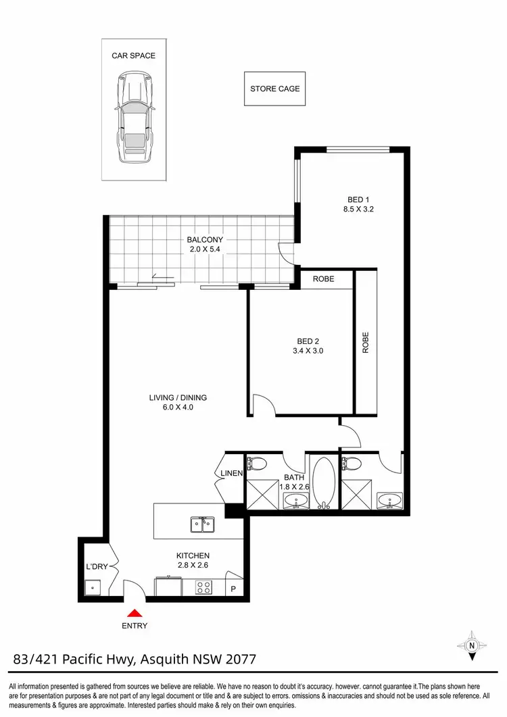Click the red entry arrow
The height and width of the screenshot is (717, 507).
[x=135, y=613]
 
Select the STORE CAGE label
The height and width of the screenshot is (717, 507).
[x=274, y=89]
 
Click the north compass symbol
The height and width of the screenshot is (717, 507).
[x=470, y=645]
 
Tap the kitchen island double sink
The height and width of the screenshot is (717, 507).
[x=202, y=523]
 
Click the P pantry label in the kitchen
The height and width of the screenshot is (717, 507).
[x=234, y=589]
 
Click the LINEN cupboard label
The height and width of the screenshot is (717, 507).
[x=231, y=473]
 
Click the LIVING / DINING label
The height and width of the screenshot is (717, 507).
[x=178, y=397]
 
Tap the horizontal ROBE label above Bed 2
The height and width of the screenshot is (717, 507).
[x=324, y=278]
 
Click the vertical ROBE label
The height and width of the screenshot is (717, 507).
[x=366, y=343]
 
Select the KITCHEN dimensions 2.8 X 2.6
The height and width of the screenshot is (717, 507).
[x=193, y=566]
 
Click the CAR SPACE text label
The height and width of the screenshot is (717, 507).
[x=133, y=55]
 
